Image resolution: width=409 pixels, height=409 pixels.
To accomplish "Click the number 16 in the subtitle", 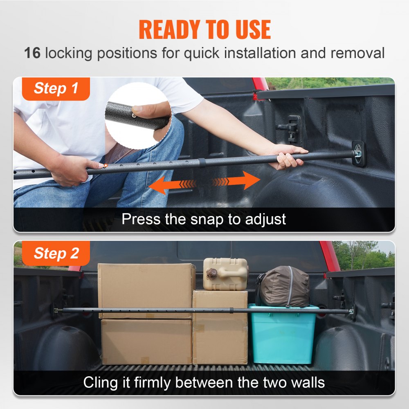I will click(32, 53).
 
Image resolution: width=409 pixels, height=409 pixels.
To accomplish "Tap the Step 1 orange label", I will click(56, 89).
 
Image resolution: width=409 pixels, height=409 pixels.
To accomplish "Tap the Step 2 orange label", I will click(56, 254).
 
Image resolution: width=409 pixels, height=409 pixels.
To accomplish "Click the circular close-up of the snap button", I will click(137, 115).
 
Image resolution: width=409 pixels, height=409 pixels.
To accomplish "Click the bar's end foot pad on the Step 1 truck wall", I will click(359, 153).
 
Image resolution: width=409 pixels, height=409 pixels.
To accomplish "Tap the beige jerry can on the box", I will click(225, 274).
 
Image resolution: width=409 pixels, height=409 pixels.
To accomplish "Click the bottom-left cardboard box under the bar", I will click(146, 342).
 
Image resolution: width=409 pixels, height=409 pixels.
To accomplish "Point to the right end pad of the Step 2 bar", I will click(351, 312).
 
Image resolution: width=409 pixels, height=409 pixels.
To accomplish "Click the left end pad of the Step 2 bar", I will click(55, 310).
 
